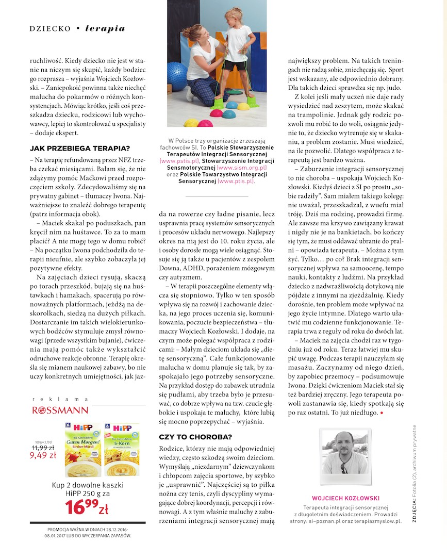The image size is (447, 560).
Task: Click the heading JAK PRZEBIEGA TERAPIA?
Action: [80, 149]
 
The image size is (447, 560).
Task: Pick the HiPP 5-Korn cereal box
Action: [122, 450]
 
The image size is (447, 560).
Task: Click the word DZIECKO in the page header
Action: [50, 29]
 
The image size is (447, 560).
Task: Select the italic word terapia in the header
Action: [105, 28]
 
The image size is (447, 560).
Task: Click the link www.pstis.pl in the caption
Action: [176, 161]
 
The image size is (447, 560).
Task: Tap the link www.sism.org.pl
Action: [242, 168]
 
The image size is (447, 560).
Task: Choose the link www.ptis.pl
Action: [236, 181]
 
